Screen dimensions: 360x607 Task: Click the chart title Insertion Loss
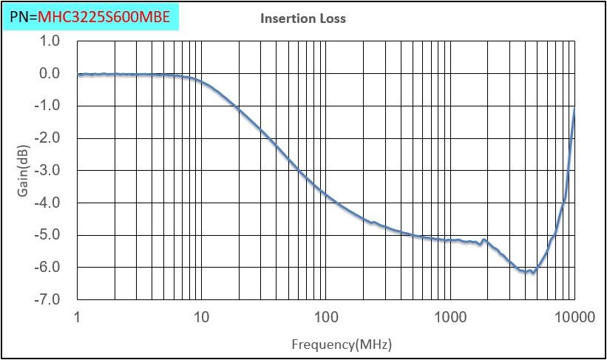point(303,18)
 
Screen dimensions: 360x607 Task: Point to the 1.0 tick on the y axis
point(50,41)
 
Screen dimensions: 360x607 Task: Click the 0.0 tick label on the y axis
point(50,74)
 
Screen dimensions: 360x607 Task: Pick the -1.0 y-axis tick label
point(48,106)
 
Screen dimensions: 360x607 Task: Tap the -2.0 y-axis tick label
point(48,138)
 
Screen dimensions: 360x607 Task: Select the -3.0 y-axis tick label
point(48,171)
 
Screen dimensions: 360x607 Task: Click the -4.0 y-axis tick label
point(48,203)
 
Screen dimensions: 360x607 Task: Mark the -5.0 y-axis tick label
point(48,235)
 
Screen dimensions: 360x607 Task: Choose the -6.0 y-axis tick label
point(48,268)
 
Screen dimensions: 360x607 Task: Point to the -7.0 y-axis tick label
point(48,300)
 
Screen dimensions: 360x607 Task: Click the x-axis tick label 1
point(78,318)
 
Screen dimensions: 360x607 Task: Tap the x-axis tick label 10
point(201,318)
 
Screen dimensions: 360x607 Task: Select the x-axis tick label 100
point(326,318)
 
